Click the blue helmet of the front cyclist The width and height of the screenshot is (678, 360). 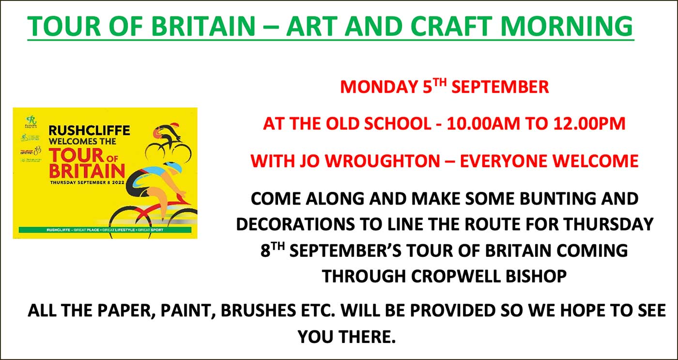[x=172, y=168]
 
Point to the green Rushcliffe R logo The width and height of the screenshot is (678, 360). [x=31, y=119]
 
